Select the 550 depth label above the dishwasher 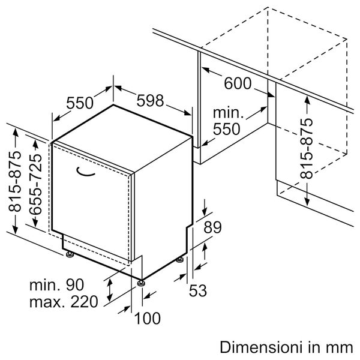click(80, 103)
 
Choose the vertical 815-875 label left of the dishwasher click(14, 182)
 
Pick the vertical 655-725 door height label click(37, 182)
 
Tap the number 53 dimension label click(197, 291)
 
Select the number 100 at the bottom click(147, 318)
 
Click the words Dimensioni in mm click(286, 347)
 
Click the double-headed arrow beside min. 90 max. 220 click(109, 290)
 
